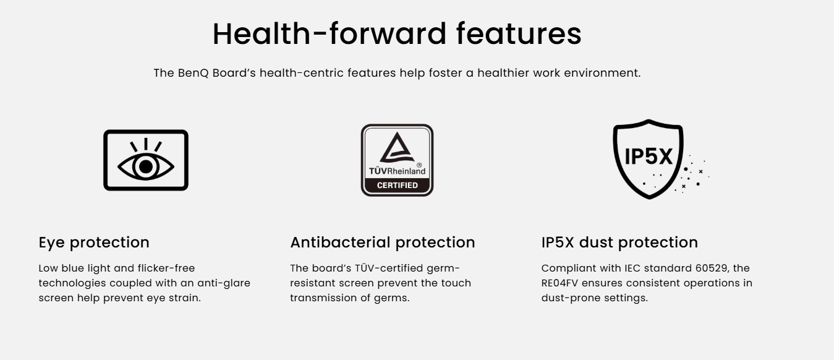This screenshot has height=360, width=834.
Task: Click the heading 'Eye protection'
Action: (x=94, y=242)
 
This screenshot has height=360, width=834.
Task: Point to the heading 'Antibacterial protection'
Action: (x=382, y=242)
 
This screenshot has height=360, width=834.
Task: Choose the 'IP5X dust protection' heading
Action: (x=619, y=242)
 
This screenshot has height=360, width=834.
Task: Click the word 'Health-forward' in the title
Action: (x=329, y=33)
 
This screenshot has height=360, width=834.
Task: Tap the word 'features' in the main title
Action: (x=519, y=33)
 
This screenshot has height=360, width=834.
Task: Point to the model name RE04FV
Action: (x=560, y=283)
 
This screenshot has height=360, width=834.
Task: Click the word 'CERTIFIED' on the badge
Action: (x=398, y=185)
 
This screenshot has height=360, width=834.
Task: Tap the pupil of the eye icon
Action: (x=146, y=166)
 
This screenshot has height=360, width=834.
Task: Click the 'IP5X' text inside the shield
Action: (x=648, y=156)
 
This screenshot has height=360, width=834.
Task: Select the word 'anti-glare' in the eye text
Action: (x=224, y=283)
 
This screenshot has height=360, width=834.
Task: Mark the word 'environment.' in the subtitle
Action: (x=602, y=73)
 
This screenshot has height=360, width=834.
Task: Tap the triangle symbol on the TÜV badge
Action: (x=396, y=147)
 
